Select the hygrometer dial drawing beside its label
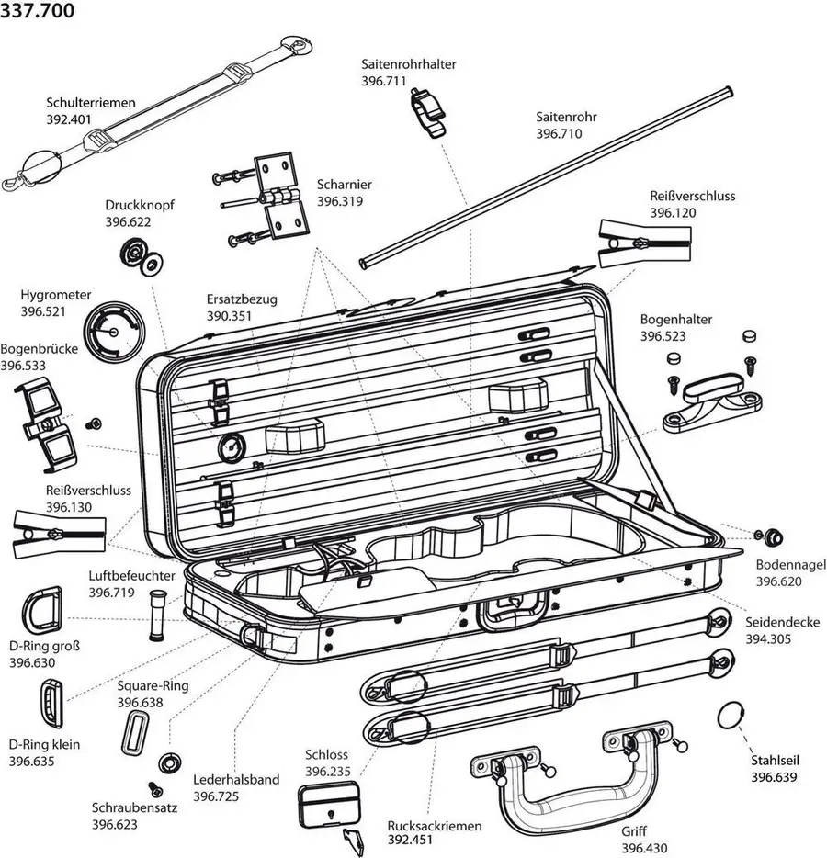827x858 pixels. click(x=115, y=328)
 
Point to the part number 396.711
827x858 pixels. click(x=387, y=81)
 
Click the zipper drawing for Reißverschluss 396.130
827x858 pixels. click(x=61, y=533)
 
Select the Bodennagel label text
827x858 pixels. click(x=790, y=564)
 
